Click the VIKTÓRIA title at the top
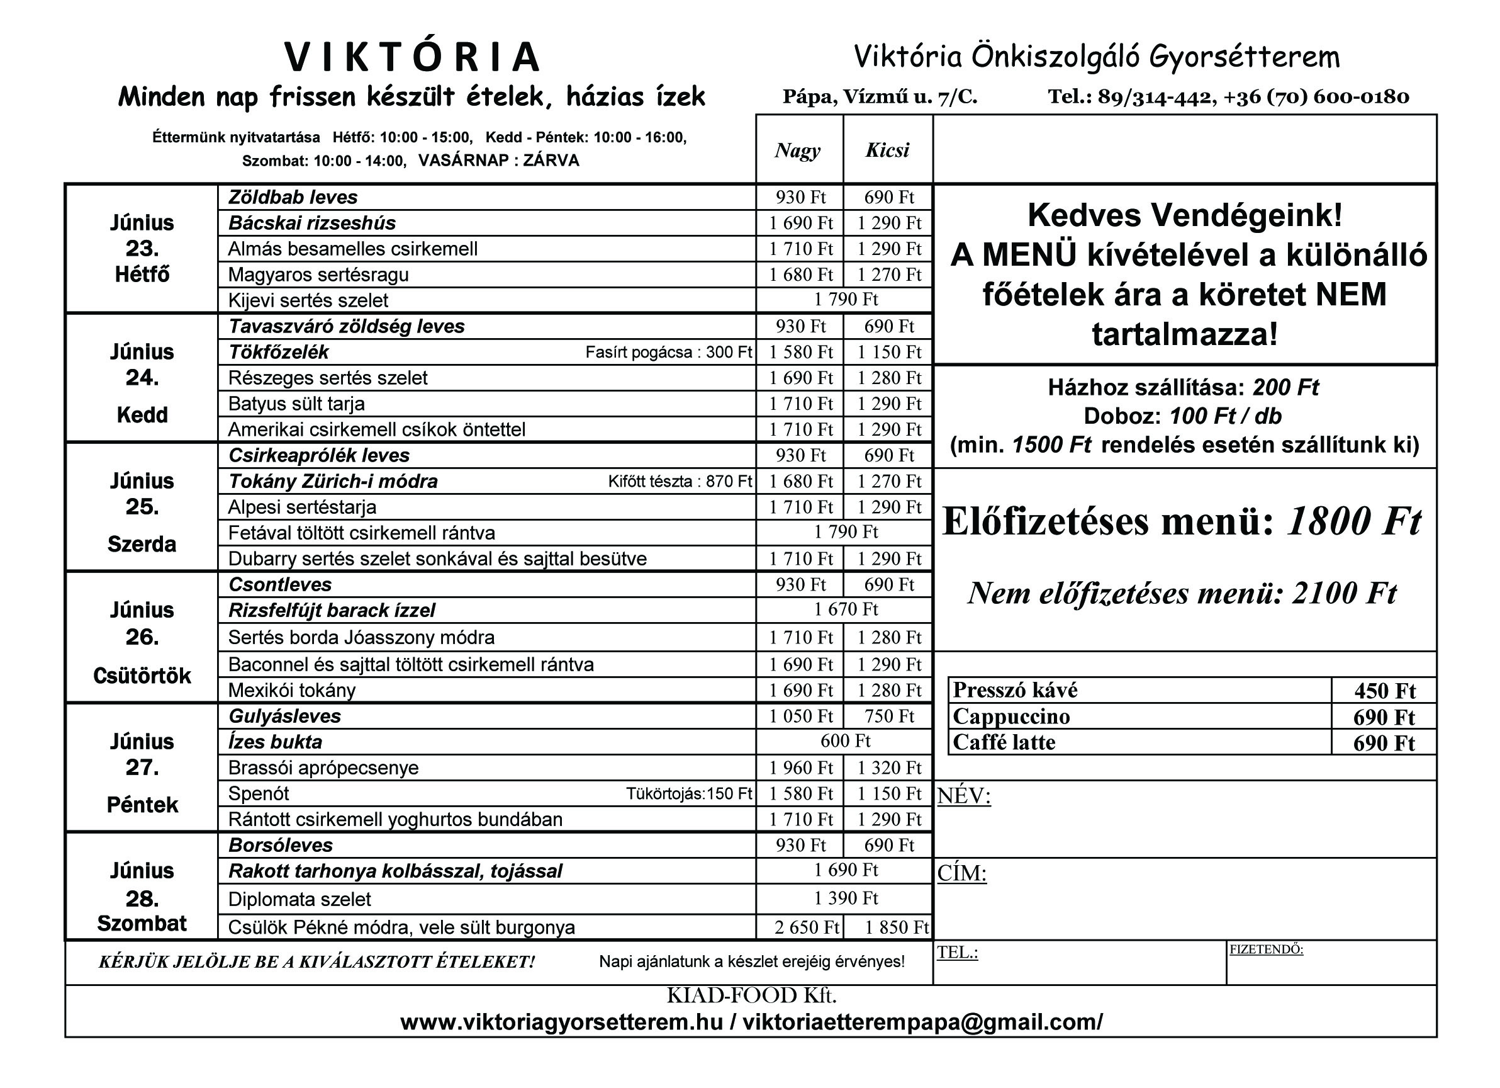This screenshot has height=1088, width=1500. pos(413,57)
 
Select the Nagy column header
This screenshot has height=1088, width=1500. pos(798,150)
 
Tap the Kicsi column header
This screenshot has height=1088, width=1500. pos(888,150)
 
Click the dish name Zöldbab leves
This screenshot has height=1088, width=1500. pos(293,197)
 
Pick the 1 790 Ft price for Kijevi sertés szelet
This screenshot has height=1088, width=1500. pos(845,300)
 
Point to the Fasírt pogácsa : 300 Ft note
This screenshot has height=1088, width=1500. pos(668,352)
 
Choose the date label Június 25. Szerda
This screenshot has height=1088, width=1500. pos(142,507)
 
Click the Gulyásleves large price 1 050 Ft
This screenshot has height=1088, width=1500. pos(800,716)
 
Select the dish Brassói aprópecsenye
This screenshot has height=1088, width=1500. pos(323,768)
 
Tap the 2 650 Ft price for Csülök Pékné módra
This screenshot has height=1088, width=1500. pos(806,927)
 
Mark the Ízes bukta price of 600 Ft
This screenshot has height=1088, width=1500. pos(845,740)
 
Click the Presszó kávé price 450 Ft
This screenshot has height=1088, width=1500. pos(1384,691)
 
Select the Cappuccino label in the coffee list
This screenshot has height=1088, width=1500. pos(1011,717)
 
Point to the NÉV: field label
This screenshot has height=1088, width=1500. pos(964,795)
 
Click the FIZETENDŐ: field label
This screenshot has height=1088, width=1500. pos(1266,949)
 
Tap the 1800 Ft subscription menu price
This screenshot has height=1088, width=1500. pos(1353,521)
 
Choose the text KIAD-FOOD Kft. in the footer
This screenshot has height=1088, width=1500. pos(751,996)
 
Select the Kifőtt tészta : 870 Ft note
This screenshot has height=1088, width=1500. pos(680,481)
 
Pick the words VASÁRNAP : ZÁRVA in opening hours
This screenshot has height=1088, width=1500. pos(499,161)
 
